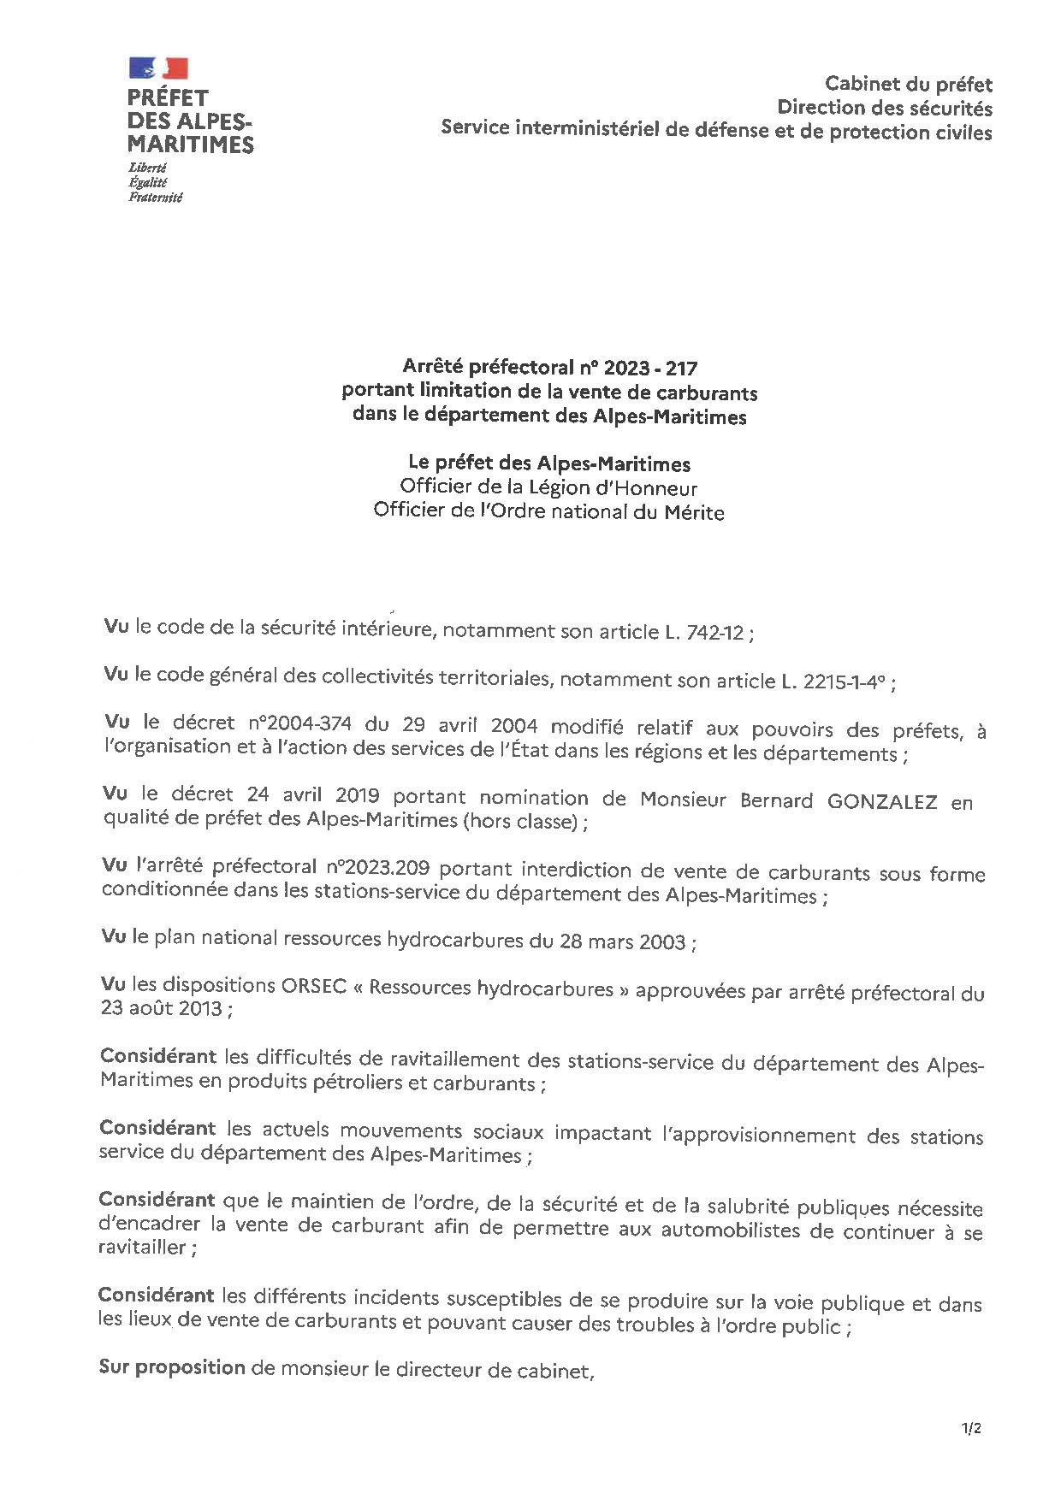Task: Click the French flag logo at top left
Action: (158, 68)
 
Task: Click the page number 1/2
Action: (971, 1428)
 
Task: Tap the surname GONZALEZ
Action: (882, 802)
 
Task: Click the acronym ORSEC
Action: (313, 985)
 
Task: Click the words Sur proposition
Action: (172, 1367)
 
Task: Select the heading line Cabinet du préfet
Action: (908, 84)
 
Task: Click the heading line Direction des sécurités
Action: (884, 108)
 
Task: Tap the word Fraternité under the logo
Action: (156, 198)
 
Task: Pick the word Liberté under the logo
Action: (148, 168)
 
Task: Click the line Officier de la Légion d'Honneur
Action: (548, 488)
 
